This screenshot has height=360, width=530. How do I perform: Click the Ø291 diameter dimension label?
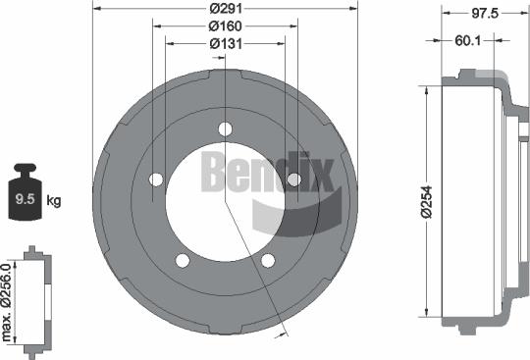tap(226, 8)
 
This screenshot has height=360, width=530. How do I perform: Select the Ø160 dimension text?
tap(226, 26)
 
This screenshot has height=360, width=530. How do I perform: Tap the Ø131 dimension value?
tap(226, 43)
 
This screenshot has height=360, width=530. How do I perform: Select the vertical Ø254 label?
tap(416, 201)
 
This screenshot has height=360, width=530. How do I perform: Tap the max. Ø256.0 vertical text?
tap(8, 302)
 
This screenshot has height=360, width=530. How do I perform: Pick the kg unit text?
tap(54, 201)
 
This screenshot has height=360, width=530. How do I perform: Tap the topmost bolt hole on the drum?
tap(226, 129)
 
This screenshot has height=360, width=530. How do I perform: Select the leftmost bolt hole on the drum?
tap(156, 180)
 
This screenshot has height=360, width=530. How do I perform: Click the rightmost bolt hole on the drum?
tap(292, 178)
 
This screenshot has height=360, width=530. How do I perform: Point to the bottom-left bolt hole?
tap(183, 260)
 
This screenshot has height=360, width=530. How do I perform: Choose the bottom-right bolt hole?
tap(267, 260)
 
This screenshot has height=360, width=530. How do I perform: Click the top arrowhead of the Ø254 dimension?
tap(426, 88)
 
